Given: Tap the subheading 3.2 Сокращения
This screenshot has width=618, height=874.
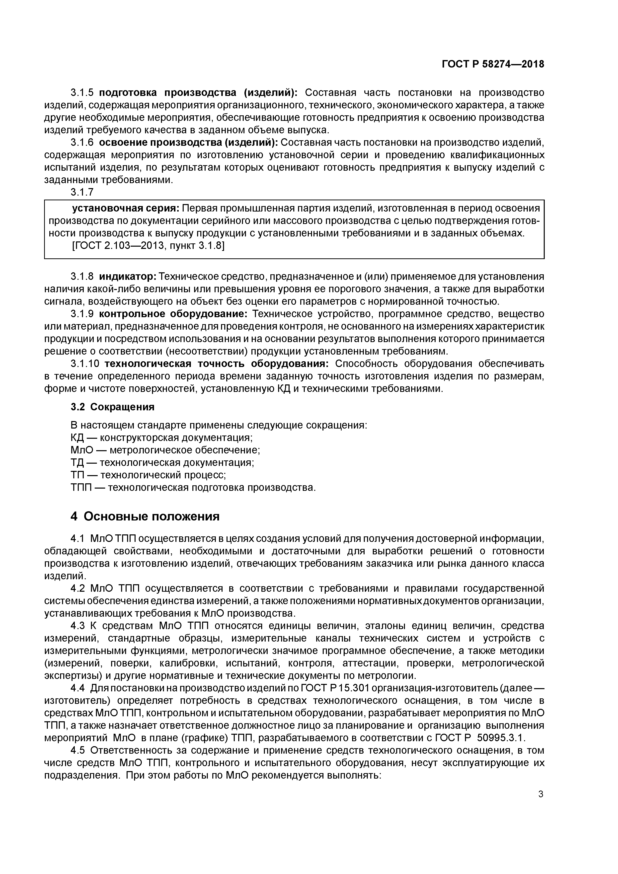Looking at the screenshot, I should [112, 407].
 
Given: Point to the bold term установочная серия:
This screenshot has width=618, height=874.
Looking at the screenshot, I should [126, 208].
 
